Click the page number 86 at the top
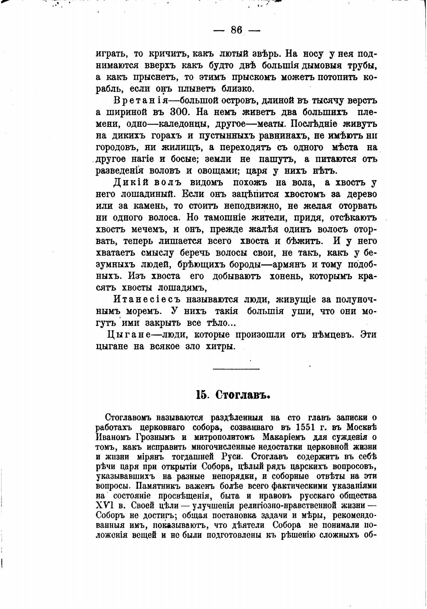pyautogui.click(x=237, y=30)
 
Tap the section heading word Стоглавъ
pyautogui.click(x=243, y=396)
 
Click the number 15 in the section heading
pyautogui.click(x=202, y=396)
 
